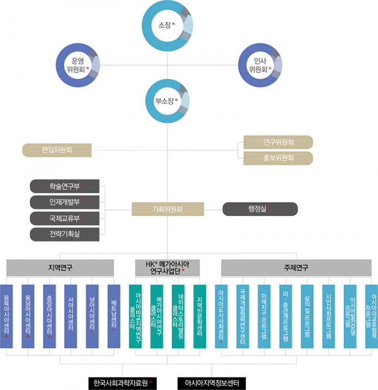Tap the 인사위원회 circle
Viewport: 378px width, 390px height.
260,64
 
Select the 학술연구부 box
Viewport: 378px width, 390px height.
65,186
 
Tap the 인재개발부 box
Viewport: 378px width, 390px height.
65,202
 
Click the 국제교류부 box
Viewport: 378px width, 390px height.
65,218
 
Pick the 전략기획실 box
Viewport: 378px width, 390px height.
65,234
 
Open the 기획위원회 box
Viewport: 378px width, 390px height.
168,209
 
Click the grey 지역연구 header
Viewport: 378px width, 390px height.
61,267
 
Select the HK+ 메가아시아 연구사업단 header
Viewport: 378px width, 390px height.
167,267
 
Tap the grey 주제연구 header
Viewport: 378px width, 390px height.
295,267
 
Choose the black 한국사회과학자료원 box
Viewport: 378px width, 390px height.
123,382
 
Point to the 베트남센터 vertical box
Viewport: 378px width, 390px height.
114,316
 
